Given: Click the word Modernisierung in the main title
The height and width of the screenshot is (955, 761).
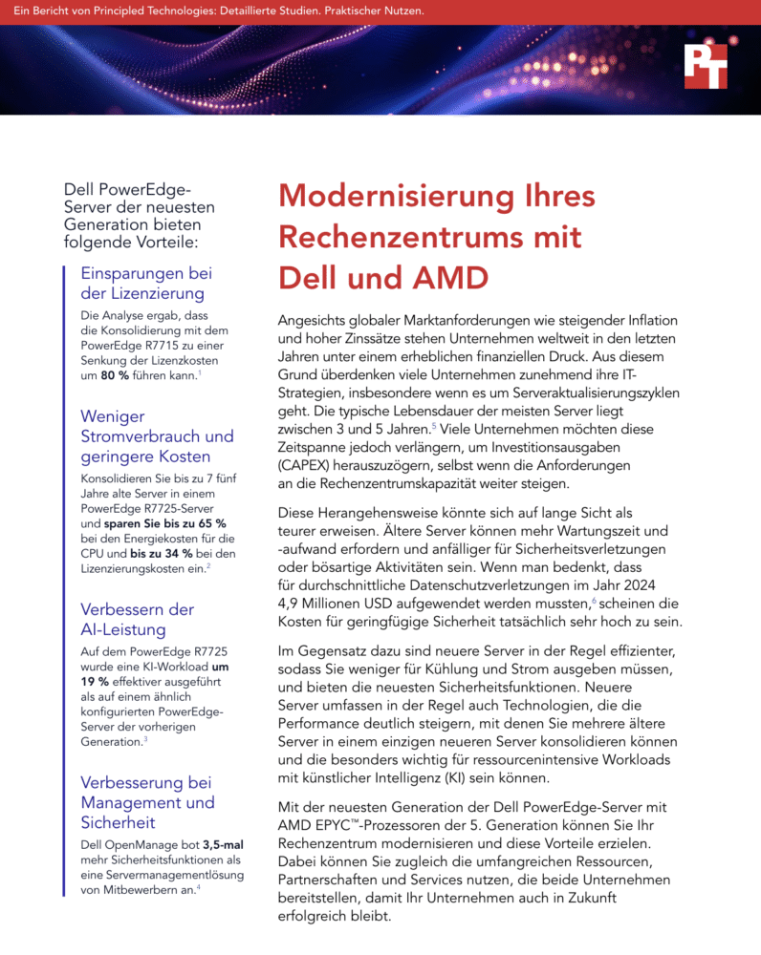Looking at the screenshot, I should point(402,198).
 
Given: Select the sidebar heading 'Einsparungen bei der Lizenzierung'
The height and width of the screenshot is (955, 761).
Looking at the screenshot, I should point(146,283).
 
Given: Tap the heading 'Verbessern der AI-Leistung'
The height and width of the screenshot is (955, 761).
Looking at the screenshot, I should point(137,620).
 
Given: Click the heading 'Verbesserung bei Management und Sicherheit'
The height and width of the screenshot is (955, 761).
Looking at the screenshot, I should point(147,802).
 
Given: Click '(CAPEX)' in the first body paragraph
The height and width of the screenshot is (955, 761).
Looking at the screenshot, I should point(308,465).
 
